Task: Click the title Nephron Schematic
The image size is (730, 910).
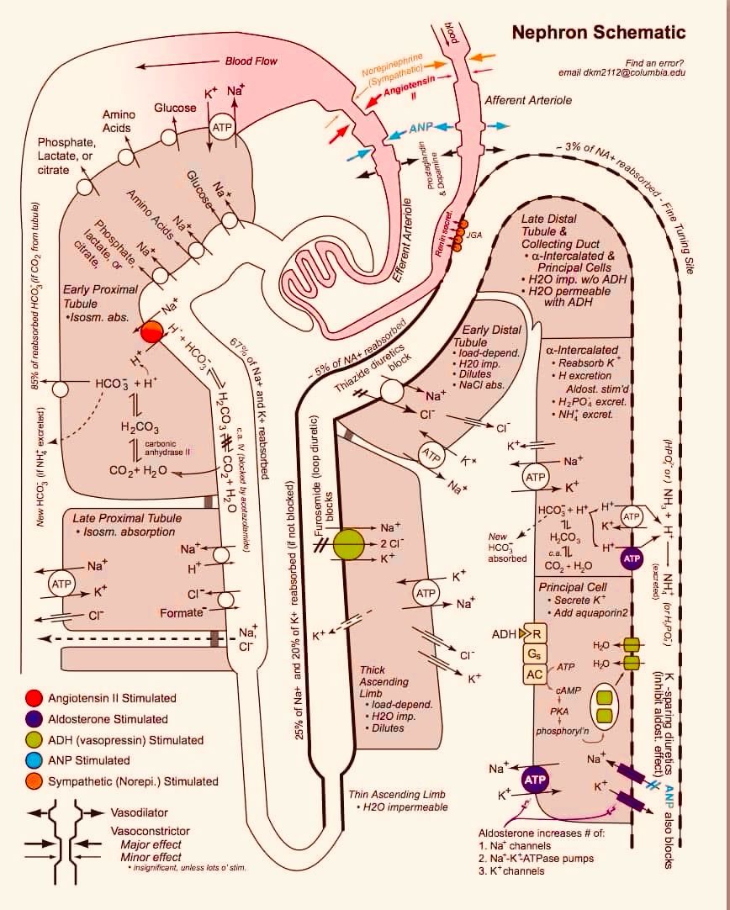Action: click(x=599, y=34)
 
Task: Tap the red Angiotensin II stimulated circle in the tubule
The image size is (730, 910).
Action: click(x=151, y=331)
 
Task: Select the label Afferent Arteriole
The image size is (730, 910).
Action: click(x=528, y=100)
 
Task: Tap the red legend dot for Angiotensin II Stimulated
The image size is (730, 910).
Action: click(x=34, y=698)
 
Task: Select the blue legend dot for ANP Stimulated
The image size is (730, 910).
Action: click(x=34, y=760)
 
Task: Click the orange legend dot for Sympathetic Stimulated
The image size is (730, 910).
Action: click(x=34, y=781)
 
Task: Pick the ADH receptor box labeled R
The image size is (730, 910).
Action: click(x=535, y=633)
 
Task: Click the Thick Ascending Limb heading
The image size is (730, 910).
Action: click(x=384, y=681)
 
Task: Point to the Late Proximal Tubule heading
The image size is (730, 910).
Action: click(x=127, y=518)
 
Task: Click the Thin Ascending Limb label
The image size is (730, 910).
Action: click(x=396, y=794)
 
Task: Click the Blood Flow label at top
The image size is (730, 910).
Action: click(x=251, y=61)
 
